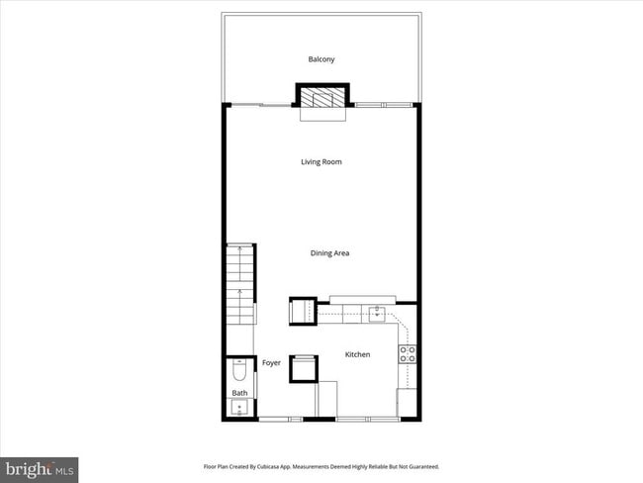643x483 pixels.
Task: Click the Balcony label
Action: click(321, 59)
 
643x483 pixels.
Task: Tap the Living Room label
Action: click(321, 161)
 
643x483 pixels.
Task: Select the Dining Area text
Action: click(329, 253)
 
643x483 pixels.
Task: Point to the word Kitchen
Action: click(357, 354)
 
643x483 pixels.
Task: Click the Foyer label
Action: click(271, 363)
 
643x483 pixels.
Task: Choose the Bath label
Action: click(239, 393)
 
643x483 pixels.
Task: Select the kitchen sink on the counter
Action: click(377, 314)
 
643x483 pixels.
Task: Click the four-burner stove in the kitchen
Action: click(407, 353)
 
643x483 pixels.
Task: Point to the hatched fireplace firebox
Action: click(321, 97)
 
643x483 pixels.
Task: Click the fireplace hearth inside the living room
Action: click(321, 114)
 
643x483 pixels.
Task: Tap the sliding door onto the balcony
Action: click(259, 104)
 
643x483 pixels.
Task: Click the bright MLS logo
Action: click(40, 467)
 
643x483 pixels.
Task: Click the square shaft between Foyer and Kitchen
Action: click(303, 367)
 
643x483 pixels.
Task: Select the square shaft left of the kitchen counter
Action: click(302, 311)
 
